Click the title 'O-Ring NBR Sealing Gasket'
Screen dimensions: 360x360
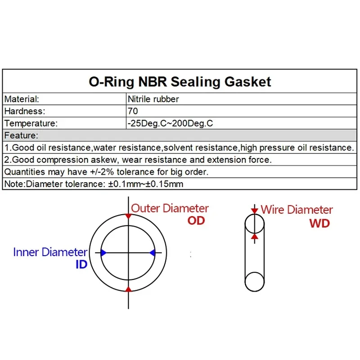pyautogui.click(x=180, y=82)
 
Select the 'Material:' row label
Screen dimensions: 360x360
pyautogui.click(x=22, y=99)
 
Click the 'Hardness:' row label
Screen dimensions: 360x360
pyautogui.click(x=24, y=111)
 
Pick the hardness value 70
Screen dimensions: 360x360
pyautogui.click(x=133, y=111)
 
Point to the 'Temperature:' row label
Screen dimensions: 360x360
pyautogui.click(x=31, y=123)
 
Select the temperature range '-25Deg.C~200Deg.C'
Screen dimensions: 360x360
pyautogui.click(x=170, y=123)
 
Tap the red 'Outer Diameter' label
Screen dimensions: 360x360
pyautogui.click(x=170, y=208)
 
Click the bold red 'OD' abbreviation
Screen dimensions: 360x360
pyautogui.click(x=196, y=220)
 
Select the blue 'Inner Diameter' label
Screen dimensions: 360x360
pyautogui.click(x=50, y=252)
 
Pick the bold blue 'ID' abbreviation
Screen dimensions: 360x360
pyautogui.click(x=81, y=265)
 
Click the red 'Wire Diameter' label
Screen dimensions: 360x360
pyautogui.click(x=297, y=209)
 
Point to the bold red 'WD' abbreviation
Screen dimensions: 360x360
pyautogui.click(x=319, y=223)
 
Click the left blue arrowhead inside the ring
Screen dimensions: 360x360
pyautogui.click(x=104, y=253)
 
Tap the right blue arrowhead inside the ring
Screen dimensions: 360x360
pyautogui.click(x=153, y=253)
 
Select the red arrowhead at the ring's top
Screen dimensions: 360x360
pyautogui.click(x=128, y=217)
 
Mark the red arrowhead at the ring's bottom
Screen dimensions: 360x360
pyautogui.click(x=128, y=289)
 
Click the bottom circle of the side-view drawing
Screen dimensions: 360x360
pyautogui.click(x=255, y=281)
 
